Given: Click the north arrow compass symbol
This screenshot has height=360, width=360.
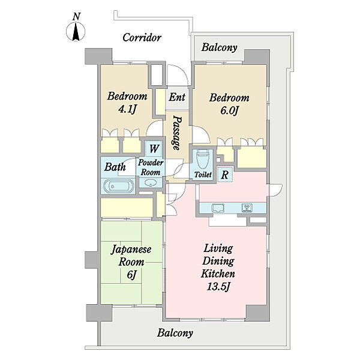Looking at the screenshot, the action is coord(76,31).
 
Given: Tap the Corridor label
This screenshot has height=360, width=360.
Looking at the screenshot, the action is coord(142,38).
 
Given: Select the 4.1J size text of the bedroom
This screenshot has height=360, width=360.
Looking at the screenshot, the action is coord(128,109).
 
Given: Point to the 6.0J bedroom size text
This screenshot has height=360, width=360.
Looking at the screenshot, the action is coord(230,110).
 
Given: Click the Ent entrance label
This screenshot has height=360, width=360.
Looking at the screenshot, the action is coord(177,97).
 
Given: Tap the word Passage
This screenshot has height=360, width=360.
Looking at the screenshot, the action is coord(177,133).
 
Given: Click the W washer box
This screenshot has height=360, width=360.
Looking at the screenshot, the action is coord(154,149).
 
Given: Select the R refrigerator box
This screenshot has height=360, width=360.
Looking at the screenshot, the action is coord(225,175).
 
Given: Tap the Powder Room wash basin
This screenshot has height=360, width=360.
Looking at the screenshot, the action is coord(151,183).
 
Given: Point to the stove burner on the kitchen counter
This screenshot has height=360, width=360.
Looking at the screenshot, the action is coord(247,208).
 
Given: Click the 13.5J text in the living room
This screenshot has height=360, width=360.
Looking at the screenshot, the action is coord(218,287).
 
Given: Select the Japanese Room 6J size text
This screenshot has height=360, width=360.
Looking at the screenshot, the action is coord(131,275).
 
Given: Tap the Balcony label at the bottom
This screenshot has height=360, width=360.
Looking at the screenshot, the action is coord(175,333).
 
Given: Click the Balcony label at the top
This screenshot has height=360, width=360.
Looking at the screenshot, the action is coord(219,47).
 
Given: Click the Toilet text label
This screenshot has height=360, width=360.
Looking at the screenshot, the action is coord(203,175).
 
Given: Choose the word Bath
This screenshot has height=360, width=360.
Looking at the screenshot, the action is coord(115,167).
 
